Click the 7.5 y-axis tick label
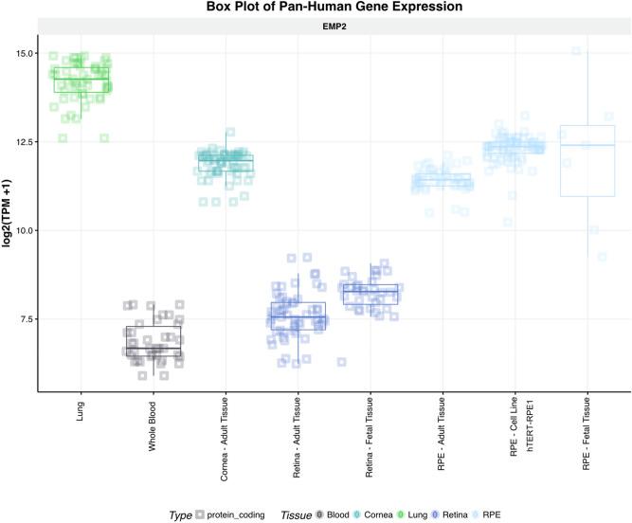pyautogui.click(x=22, y=318)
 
